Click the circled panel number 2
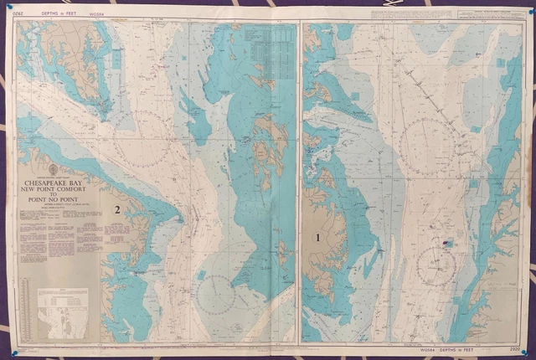(119, 209)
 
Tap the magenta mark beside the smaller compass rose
(446, 244)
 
